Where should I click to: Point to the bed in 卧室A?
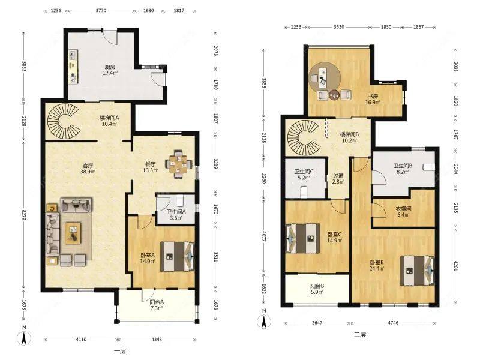tap(178, 257)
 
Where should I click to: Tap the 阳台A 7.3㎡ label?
tap(158, 305)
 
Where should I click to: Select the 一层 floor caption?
tap(120, 350)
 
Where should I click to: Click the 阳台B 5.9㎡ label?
tap(316, 289)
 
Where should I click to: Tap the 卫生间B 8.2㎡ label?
tap(401, 170)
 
